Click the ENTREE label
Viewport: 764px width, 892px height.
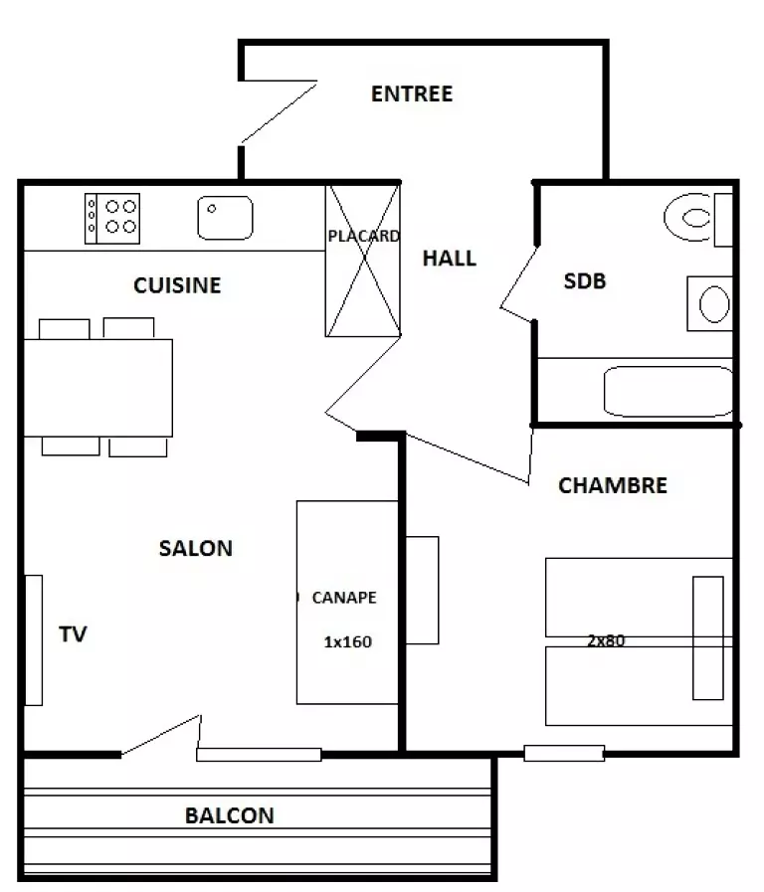point(412,93)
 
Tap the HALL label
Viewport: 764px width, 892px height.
point(450,259)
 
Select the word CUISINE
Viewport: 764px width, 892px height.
point(177,285)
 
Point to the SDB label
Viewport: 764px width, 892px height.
point(585,281)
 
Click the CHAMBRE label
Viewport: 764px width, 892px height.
point(613,486)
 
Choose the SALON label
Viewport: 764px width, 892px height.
point(196,548)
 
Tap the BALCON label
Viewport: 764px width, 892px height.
point(229,815)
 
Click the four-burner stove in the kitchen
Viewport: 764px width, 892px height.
point(112,219)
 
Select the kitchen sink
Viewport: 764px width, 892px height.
point(225,218)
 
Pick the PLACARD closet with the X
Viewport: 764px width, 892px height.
point(363,261)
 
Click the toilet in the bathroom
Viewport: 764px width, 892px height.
point(697,217)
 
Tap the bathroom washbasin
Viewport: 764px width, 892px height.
point(710,303)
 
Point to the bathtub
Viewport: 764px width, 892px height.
point(668,392)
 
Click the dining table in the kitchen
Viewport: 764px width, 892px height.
point(97,388)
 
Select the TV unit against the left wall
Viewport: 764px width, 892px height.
point(34,640)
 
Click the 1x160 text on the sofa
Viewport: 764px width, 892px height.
point(347,642)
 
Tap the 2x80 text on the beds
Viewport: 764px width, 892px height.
point(606,640)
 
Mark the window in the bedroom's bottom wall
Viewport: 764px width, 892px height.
point(564,753)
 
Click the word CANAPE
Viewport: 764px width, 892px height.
point(344,598)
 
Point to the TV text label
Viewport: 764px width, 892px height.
point(73,634)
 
